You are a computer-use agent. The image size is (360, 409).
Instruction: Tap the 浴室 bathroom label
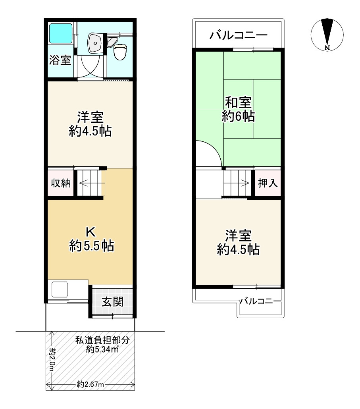(60, 61)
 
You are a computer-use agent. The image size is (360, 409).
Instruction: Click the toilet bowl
(119, 51)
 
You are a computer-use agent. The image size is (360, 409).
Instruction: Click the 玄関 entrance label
(113, 302)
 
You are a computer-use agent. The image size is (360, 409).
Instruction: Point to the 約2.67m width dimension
(90, 384)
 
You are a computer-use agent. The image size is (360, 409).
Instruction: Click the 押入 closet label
(268, 183)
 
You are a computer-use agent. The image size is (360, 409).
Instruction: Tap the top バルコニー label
(239, 36)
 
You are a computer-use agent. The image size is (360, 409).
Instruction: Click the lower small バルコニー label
(261, 301)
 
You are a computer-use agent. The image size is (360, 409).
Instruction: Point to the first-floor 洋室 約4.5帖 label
(90, 124)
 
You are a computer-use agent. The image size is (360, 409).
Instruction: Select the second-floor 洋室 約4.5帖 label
(238, 242)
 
